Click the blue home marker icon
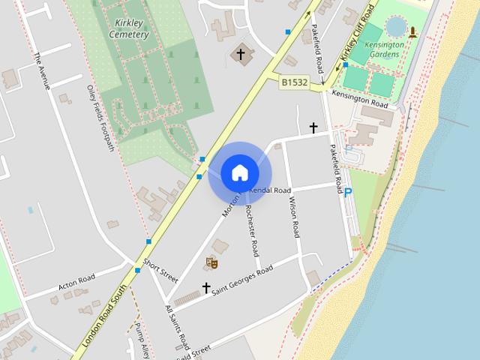click(239, 173)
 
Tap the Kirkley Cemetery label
click(128, 29)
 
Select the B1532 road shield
click(295, 81)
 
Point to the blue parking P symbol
click(348, 193)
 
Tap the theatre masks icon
click(212, 262)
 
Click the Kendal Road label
click(270, 190)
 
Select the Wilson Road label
click(293, 220)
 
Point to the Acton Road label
click(77, 283)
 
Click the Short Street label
click(159, 271)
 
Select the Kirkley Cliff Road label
click(356, 32)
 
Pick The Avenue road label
click(41, 71)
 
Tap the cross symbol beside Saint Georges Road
click(206, 287)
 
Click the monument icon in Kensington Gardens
click(412, 31)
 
